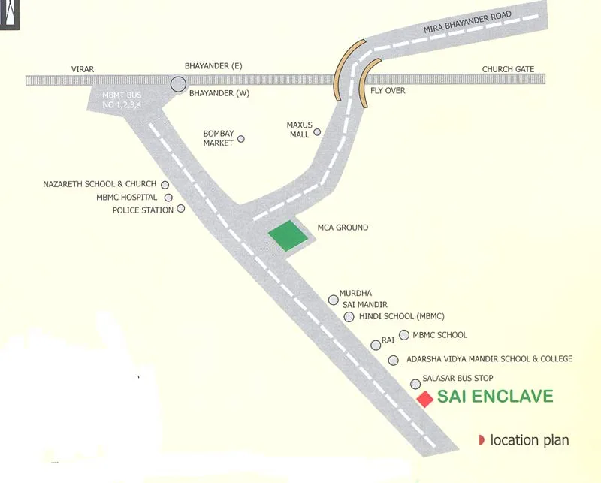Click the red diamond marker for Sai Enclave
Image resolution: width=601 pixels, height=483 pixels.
point(425,399)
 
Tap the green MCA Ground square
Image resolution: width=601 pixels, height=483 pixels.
point(288,236)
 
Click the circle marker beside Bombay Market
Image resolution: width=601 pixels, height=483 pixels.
point(241,139)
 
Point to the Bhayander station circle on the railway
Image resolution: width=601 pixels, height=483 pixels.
point(178,84)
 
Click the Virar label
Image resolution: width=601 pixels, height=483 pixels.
point(83,70)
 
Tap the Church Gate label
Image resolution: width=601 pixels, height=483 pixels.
point(508,70)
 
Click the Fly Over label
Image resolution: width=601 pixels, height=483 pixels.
point(388,91)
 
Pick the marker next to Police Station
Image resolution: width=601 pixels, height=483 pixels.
point(181,209)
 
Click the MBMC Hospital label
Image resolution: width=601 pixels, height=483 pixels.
point(127,198)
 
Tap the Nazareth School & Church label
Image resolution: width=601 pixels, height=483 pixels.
point(99,184)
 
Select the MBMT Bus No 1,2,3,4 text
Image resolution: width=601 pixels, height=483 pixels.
point(122,100)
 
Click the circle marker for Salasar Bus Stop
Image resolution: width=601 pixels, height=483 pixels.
point(415,384)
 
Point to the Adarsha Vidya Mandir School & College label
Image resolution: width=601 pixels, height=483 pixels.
point(489,359)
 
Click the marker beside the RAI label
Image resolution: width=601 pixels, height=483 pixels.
point(376,345)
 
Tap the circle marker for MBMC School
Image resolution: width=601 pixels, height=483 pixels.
point(404,335)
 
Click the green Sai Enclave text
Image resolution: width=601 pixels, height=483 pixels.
point(495,397)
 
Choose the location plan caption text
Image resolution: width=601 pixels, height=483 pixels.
point(529,440)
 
